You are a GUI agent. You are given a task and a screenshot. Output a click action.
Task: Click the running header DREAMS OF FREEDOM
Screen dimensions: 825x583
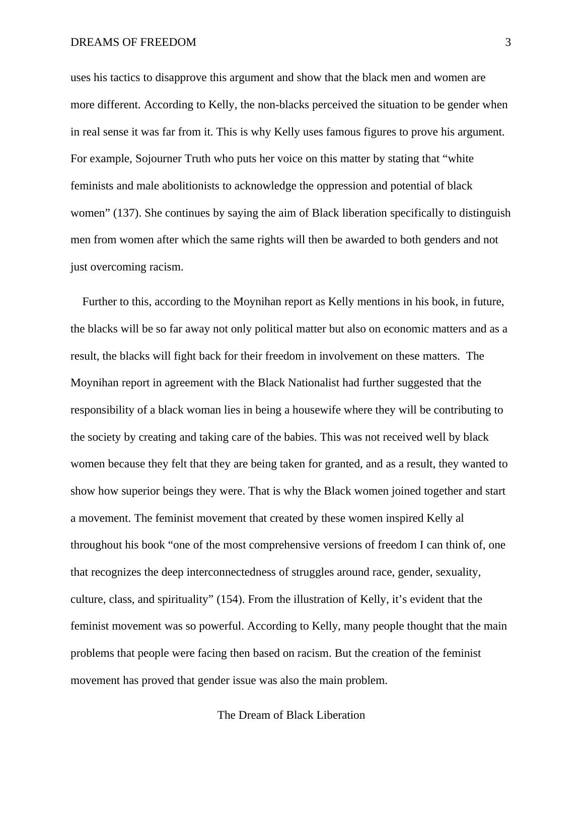(133, 43)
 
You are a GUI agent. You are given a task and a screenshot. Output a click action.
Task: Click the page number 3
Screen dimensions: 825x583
(508, 43)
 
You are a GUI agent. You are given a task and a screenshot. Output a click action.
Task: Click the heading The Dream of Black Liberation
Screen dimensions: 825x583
(291, 715)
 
